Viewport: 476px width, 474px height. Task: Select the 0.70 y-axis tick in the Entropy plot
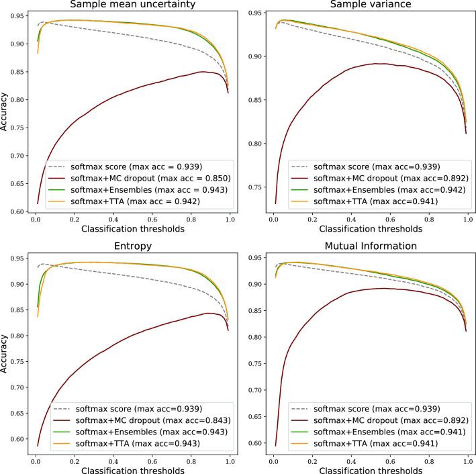click(19, 387)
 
